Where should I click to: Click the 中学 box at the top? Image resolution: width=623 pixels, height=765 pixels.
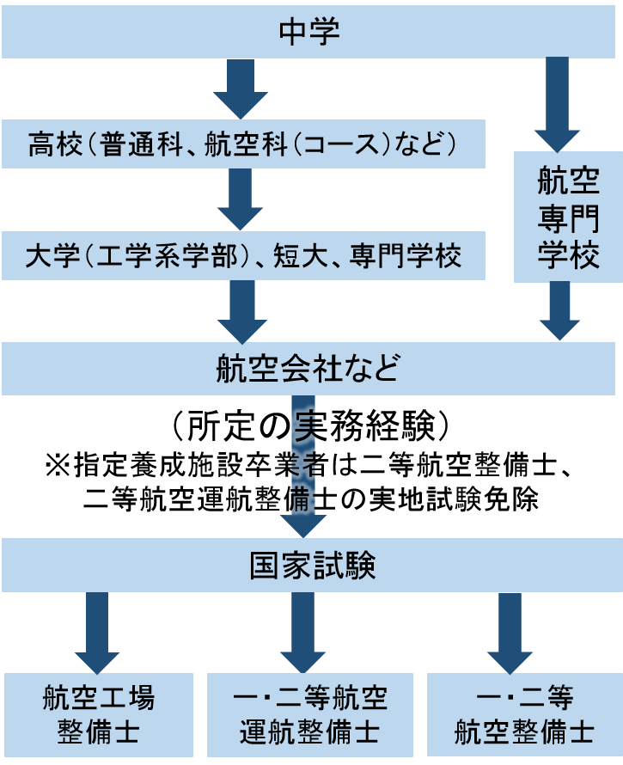[310, 33]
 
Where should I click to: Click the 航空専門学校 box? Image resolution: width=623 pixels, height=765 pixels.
[568, 217]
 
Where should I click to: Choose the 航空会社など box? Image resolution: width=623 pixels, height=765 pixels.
[310, 368]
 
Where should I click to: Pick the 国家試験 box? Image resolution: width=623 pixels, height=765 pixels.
[310, 566]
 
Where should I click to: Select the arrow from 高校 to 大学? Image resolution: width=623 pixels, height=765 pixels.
[241, 199]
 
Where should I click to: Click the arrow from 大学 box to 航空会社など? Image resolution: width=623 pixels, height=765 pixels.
[241, 309]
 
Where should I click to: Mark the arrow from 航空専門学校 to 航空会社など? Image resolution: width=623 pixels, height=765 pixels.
[559, 309]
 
